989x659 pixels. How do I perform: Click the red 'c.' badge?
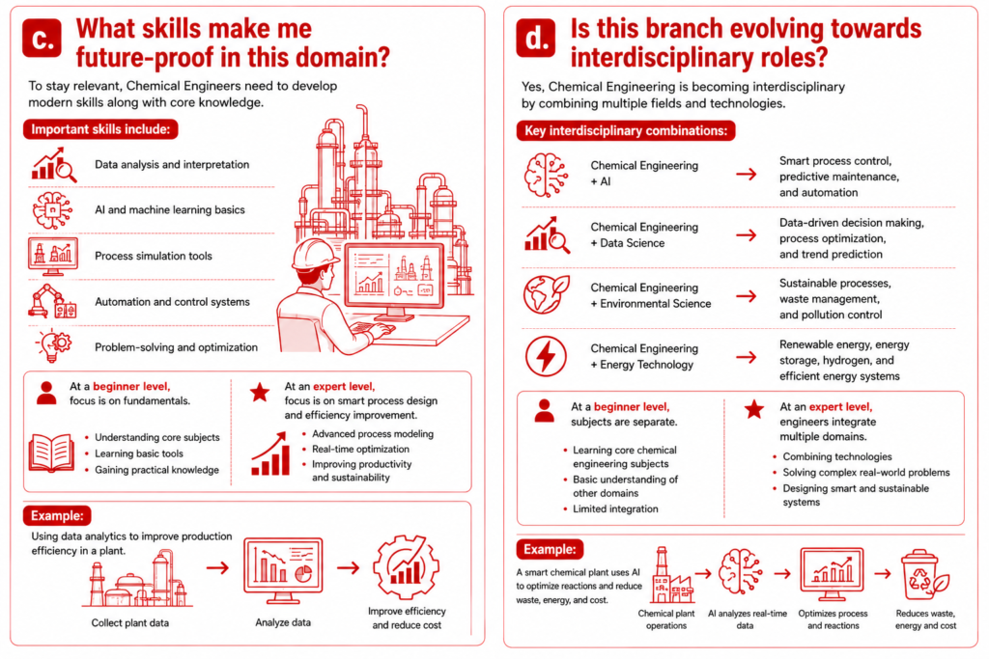click(42, 38)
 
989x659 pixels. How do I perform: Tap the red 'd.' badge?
click(535, 38)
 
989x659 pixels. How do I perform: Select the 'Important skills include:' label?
click(100, 129)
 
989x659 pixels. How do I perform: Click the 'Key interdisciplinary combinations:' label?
click(626, 130)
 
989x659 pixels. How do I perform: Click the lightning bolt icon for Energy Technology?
click(546, 356)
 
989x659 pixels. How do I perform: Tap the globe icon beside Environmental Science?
click(547, 294)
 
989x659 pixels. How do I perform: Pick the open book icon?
click(51, 453)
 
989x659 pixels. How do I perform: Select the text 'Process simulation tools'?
click(154, 256)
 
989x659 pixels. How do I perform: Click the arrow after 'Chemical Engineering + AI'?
click(747, 174)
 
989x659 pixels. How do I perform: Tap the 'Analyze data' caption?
click(283, 622)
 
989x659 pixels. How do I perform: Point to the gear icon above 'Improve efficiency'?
click(407, 566)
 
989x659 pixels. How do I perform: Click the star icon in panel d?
click(753, 409)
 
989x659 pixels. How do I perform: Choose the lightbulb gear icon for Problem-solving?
click(54, 345)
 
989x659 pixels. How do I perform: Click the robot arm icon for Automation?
click(52, 300)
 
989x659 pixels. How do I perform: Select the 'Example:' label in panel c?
click(57, 515)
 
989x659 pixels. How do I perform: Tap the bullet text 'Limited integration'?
click(615, 509)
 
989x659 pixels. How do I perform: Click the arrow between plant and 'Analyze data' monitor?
click(217, 567)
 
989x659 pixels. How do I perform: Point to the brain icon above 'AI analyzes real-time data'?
click(742, 571)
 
